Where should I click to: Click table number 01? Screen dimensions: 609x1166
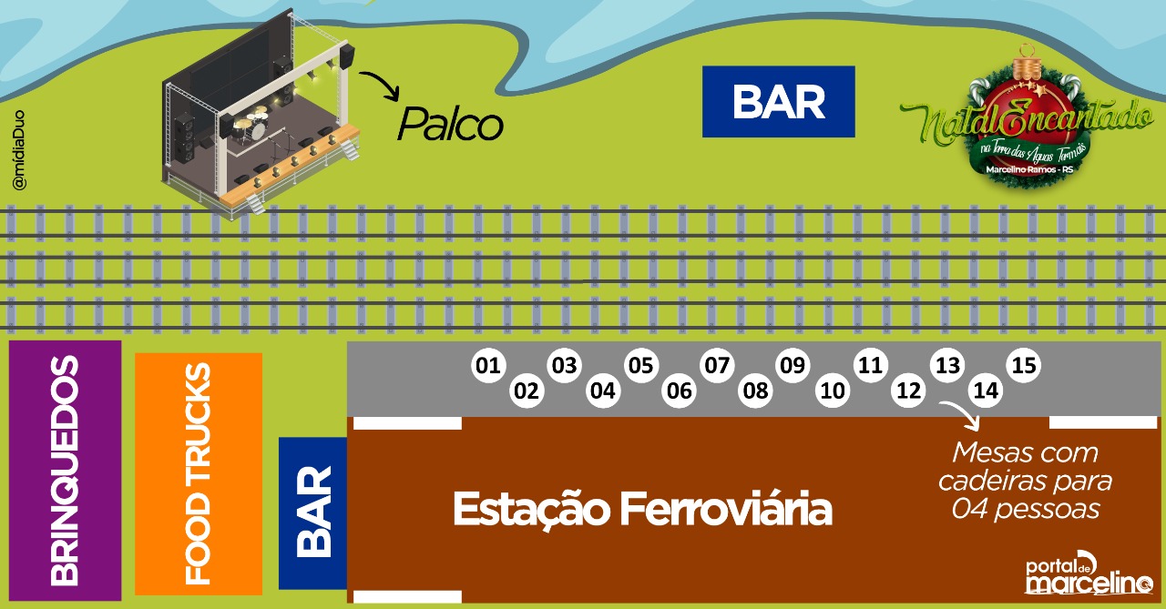coord(488,366)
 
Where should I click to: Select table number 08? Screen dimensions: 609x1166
coord(755,391)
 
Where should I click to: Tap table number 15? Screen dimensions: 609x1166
coord(1024,366)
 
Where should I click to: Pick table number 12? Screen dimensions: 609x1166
coord(908,391)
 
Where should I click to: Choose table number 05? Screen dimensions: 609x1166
coord(641,366)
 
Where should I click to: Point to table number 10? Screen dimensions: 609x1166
coord(832,391)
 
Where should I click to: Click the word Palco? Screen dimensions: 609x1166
coord(450,125)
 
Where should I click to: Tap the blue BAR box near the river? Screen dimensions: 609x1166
coord(778,102)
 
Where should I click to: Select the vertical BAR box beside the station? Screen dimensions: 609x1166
coord(313,513)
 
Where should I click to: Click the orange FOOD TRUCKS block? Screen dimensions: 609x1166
coord(199,473)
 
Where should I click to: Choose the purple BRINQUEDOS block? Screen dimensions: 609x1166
coord(65,471)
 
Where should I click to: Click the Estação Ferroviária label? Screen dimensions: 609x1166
coord(642,509)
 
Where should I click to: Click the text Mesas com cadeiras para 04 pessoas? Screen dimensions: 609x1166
coord(1025,481)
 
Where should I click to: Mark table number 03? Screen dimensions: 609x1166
coord(565,366)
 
